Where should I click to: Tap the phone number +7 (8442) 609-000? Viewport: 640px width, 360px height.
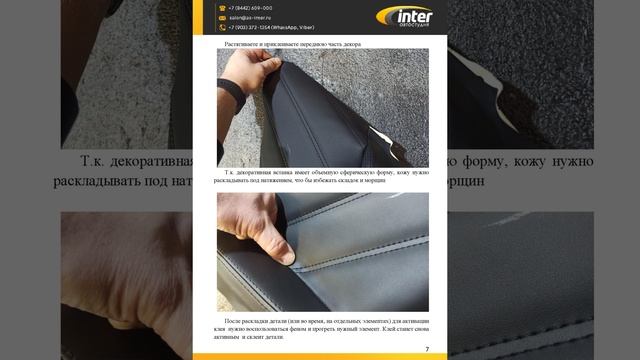point(251,7)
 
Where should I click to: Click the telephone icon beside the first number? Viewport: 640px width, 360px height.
point(223,7)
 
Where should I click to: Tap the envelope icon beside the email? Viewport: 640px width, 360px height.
point(223,17)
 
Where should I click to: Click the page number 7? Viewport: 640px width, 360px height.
point(427,349)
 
